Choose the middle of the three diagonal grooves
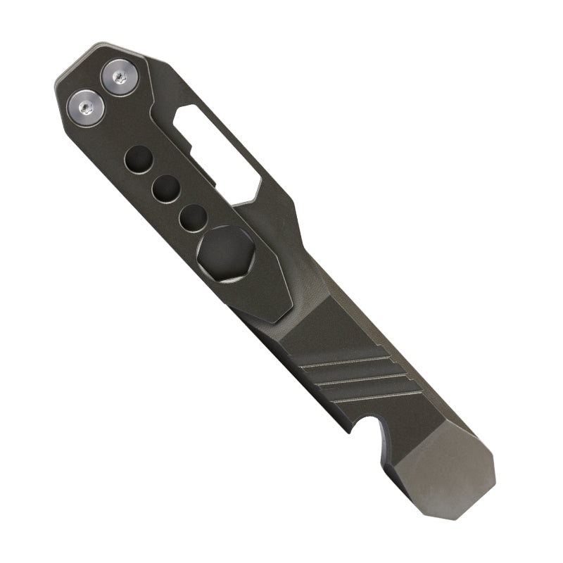pyautogui.click(x=366, y=384)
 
